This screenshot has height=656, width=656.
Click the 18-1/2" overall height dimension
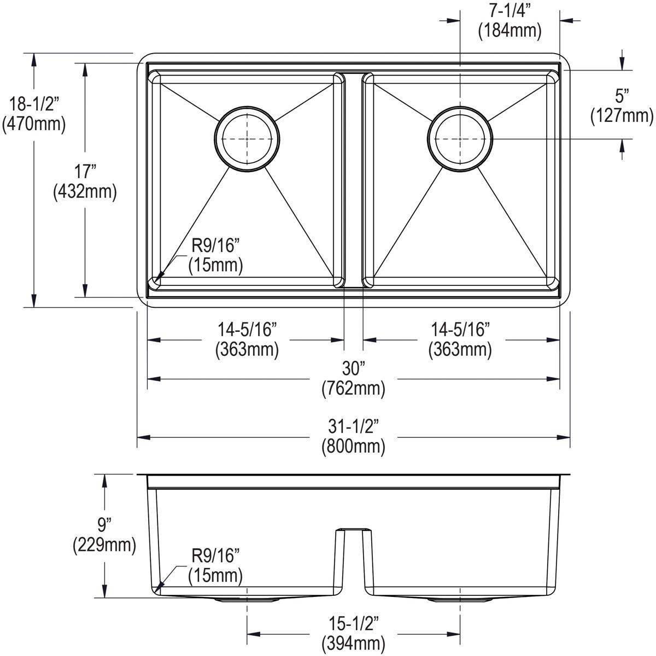[x=34, y=103]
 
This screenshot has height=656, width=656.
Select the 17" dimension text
[x=85, y=172]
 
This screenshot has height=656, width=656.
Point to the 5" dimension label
[x=622, y=96]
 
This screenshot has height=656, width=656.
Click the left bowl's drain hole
[x=247, y=139]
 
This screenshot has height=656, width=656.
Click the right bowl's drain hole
[x=460, y=139]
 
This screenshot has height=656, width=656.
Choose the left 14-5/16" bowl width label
[x=247, y=330]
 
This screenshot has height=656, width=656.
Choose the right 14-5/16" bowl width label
[x=460, y=330]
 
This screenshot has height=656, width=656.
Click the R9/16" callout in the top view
[x=215, y=247]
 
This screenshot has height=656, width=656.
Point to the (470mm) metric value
[x=34, y=125]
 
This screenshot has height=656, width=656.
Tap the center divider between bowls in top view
[x=353, y=180]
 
